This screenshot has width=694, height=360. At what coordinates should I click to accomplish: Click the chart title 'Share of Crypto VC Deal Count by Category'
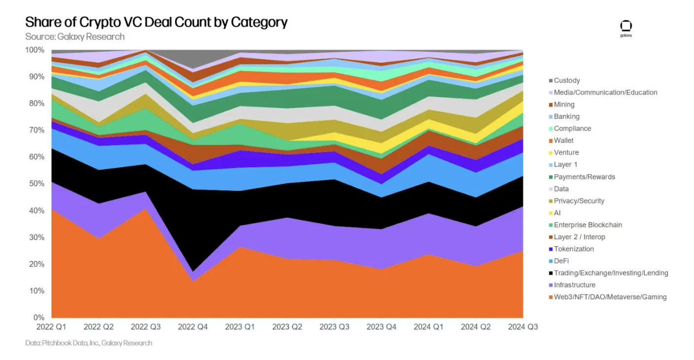[156, 22]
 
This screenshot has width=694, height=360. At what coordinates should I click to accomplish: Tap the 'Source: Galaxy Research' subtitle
[75, 36]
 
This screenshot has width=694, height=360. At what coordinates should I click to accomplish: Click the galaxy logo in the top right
[626, 29]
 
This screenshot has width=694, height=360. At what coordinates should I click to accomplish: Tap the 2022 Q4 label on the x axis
[193, 327]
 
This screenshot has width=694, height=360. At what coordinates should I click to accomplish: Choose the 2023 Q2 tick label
[288, 327]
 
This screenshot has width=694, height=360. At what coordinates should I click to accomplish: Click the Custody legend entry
[567, 80]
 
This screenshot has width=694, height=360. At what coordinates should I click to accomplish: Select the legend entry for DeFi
[561, 261]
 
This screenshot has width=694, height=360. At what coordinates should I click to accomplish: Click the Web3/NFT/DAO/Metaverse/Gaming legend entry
[610, 297]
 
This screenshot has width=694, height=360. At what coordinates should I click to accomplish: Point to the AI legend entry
[557, 213]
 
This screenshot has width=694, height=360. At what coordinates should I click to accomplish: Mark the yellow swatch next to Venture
[550, 153]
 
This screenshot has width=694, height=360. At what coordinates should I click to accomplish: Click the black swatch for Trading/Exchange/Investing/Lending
[550, 273]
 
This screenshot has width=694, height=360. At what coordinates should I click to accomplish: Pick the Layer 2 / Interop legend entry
[579, 237]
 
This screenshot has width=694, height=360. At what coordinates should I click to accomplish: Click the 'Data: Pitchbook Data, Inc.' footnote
[89, 343]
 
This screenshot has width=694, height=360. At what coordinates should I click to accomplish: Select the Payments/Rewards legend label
[585, 177]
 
